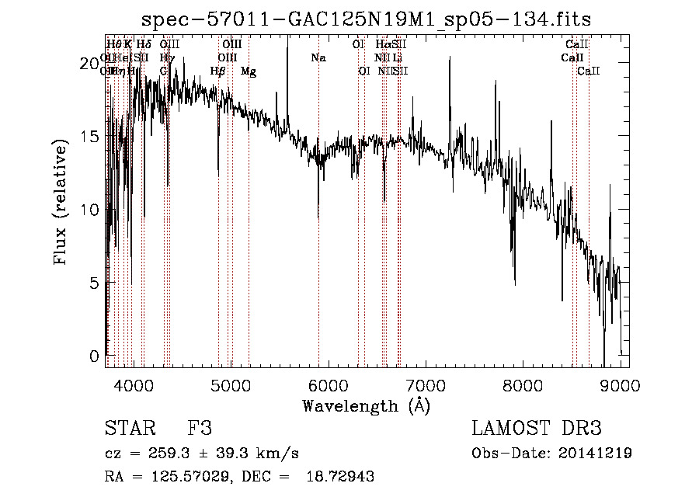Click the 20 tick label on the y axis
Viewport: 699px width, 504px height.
coord(91,63)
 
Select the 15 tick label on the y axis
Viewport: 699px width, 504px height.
coord(91,137)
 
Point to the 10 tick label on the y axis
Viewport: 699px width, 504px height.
coord(91,210)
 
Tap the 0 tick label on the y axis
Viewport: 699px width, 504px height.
coord(95,356)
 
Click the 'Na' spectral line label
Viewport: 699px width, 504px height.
coord(318,57)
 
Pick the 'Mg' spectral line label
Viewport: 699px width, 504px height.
coord(249,71)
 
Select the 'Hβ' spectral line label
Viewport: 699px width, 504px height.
coord(217,71)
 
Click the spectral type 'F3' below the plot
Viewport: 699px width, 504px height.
coord(200,429)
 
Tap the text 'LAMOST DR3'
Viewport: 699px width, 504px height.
coord(537,429)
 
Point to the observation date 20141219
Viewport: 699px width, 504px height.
coord(597,454)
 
